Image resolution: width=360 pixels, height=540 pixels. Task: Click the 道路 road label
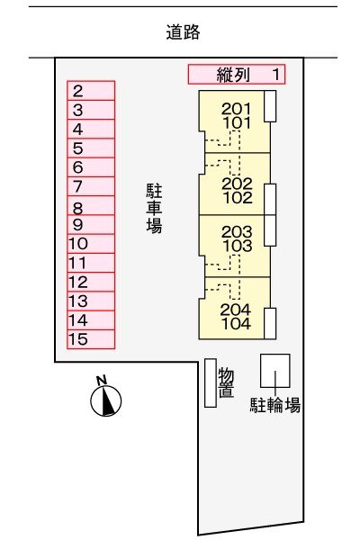183,32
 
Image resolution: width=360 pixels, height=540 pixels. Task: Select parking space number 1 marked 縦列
237,74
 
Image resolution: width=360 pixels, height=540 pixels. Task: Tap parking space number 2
91,91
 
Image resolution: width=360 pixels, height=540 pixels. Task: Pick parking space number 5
91,148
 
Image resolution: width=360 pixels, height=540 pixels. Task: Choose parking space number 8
91,205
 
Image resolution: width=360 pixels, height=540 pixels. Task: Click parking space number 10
91,244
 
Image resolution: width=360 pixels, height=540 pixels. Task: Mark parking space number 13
91,301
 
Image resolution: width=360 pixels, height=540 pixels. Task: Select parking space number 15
91,339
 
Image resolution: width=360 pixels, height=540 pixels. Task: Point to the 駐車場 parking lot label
154,209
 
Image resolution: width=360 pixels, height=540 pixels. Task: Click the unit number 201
236,109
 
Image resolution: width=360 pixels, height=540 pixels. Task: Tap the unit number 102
238,198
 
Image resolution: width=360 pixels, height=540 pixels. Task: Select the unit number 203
237,232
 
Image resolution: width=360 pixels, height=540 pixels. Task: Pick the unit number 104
236,323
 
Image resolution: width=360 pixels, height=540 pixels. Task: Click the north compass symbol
106,400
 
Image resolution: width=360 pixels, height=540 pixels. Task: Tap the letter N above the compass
102,380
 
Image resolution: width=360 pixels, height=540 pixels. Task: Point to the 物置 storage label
226,383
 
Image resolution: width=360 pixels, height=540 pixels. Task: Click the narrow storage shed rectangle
211,383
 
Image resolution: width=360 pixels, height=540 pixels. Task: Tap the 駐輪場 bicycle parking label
274,405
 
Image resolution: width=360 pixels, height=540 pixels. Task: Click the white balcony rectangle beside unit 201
270,106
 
